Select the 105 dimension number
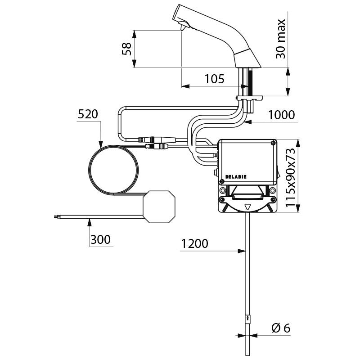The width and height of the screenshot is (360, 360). point(214,79)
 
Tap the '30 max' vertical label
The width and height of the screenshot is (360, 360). point(280,39)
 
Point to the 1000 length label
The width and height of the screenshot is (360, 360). point(281,115)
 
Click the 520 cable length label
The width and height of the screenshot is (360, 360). point(88,114)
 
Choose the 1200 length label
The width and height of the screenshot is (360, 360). point(194,244)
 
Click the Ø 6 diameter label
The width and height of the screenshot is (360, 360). point(281,328)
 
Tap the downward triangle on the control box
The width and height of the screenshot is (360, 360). point(247,207)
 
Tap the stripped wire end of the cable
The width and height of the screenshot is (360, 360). point(56,218)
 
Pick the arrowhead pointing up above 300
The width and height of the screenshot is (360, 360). point(90,220)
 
